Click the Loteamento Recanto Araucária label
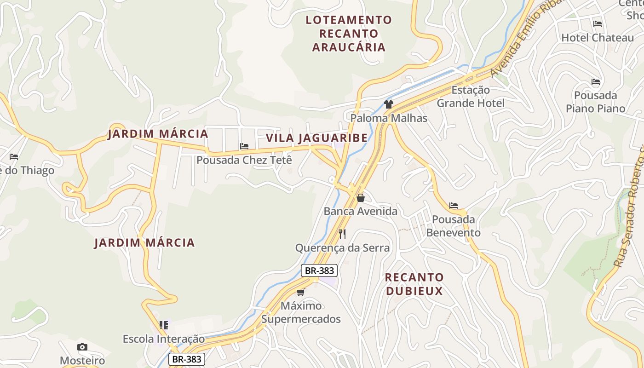click(x=349, y=33)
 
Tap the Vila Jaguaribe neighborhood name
click(x=317, y=138)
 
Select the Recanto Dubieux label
click(x=414, y=284)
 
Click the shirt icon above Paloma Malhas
click(x=389, y=104)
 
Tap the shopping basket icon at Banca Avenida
click(x=361, y=198)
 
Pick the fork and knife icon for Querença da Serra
click(x=342, y=234)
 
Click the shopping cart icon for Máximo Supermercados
click(x=301, y=292)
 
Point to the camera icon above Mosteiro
click(x=82, y=347)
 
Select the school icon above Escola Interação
click(x=164, y=325)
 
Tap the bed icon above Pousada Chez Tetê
click(x=244, y=146)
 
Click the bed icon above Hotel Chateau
click(x=598, y=24)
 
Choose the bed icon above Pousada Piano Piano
click(x=596, y=82)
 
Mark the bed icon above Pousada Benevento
click(x=454, y=206)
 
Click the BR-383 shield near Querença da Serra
click(x=319, y=270)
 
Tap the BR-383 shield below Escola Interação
click(x=186, y=359)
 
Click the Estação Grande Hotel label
click(x=471, y=97)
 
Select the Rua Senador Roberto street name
click(x=630, y=207)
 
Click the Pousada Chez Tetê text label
click(x=244, y=160)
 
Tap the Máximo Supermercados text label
click(x=301, y=312)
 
